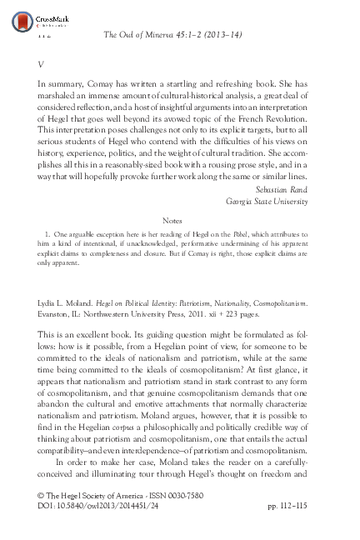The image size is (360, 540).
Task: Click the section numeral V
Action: [41, 63]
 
